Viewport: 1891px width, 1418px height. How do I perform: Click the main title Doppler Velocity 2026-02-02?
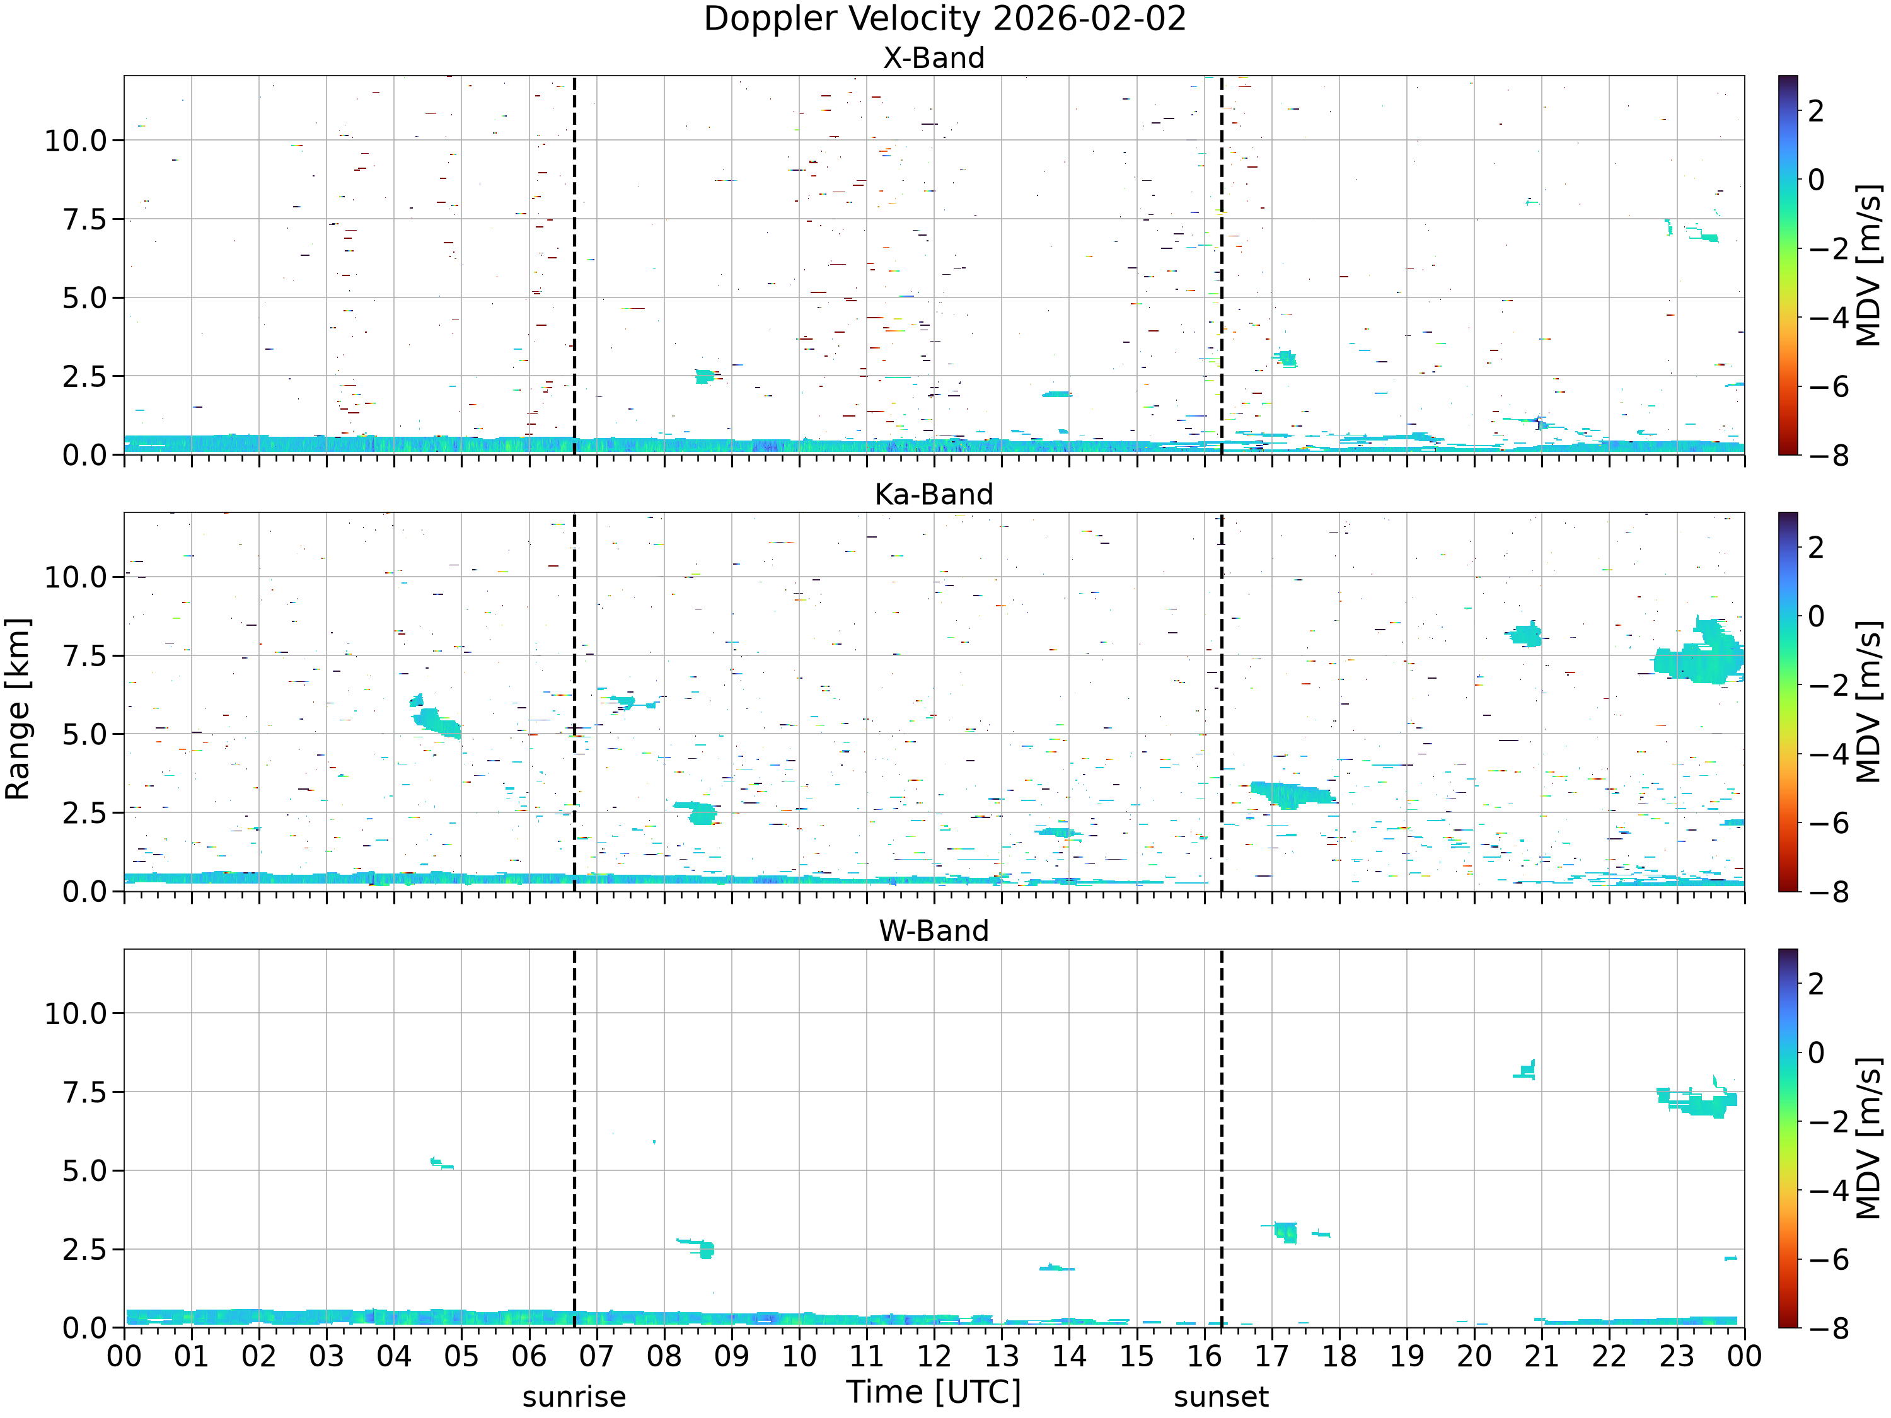point(945,19)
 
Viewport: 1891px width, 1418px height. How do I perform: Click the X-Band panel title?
point(934,58)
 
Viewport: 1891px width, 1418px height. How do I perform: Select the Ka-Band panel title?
point(934,494)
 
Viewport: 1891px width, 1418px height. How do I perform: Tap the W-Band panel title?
point(934,931)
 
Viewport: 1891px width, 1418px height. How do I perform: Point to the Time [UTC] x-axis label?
point(934,1392)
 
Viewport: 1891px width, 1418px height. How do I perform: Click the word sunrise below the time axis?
point(574,1397)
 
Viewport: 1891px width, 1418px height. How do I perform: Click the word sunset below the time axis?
point(1221,1397)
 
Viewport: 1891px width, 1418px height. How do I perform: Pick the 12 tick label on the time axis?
point(934,1356)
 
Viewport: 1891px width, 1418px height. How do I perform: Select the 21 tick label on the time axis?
point(1541,1356)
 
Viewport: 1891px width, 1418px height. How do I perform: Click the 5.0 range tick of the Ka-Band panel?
point(84,734)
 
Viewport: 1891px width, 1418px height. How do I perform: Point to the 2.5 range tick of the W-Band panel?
point(84,1250)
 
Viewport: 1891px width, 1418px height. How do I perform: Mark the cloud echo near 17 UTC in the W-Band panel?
point(1284,1231)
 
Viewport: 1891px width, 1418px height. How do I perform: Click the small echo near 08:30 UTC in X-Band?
point(705,376)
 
